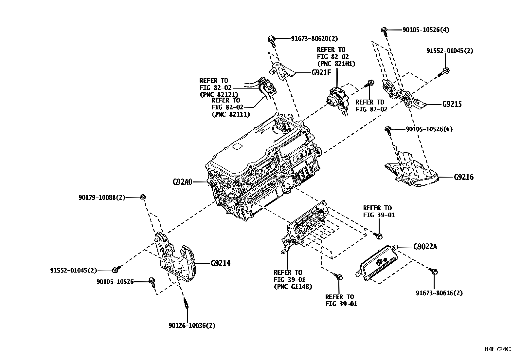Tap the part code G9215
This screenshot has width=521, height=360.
pos(452,104)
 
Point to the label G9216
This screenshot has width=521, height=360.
pos(463,177)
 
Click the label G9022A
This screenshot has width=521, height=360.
pos(425,246)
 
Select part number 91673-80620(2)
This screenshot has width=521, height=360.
pos(314,39)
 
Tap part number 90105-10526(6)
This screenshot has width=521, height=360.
pos(429,129)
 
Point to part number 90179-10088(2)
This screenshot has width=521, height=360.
pos(102,197)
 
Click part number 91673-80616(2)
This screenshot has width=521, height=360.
pos(439,293)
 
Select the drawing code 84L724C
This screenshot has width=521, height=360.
pos(497,349)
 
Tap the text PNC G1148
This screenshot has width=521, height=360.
pos(293,287)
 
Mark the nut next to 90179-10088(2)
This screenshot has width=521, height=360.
pos(143,197)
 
